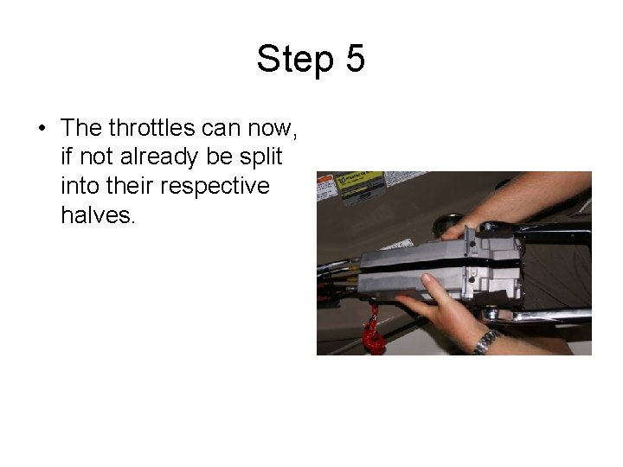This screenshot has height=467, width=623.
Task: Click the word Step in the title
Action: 295,59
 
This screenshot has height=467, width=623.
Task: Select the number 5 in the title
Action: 356,58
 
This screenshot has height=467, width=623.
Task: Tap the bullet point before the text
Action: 42,128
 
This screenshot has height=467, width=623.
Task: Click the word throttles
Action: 151,127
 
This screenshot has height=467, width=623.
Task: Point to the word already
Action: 159,157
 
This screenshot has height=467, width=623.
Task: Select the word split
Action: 260,157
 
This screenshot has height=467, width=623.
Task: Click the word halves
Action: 98,215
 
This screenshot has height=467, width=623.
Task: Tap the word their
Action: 130,186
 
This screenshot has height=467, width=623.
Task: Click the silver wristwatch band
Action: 486,342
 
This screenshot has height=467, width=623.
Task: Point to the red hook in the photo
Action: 373,329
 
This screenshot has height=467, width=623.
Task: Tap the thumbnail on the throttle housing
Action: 427,278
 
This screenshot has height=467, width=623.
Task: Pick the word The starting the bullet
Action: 81,127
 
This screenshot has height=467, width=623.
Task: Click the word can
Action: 221,129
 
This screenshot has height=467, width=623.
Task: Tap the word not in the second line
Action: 97,157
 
